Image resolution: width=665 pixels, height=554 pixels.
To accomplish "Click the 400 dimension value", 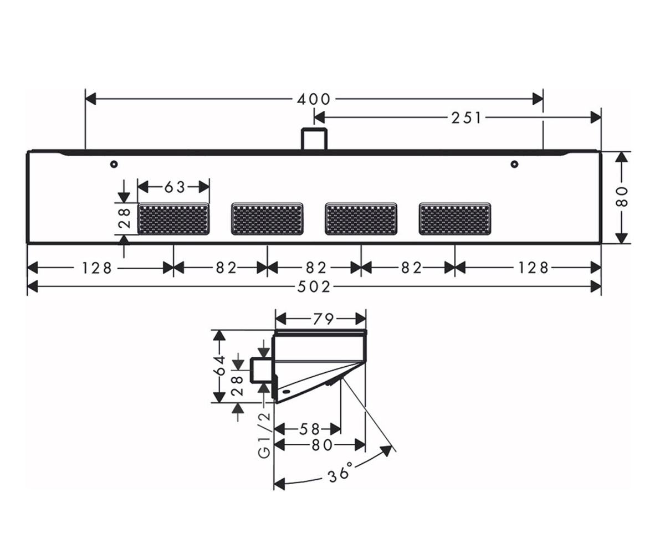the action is point(314,99).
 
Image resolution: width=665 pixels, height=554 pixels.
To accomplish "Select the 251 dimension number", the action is point(466,118).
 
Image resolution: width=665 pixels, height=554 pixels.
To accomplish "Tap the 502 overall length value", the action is point(314,287).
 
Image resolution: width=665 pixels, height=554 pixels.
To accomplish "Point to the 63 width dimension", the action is point(175,187).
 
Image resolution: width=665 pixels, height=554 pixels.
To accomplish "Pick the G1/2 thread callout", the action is point(264,435).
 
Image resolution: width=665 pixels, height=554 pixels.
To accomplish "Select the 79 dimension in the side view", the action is point(323,319).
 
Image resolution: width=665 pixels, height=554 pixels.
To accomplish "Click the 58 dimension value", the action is point(309,429).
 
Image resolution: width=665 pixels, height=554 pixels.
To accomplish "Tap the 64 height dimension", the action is point(219,366).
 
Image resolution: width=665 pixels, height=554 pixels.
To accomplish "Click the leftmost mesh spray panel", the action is point(173,219).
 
